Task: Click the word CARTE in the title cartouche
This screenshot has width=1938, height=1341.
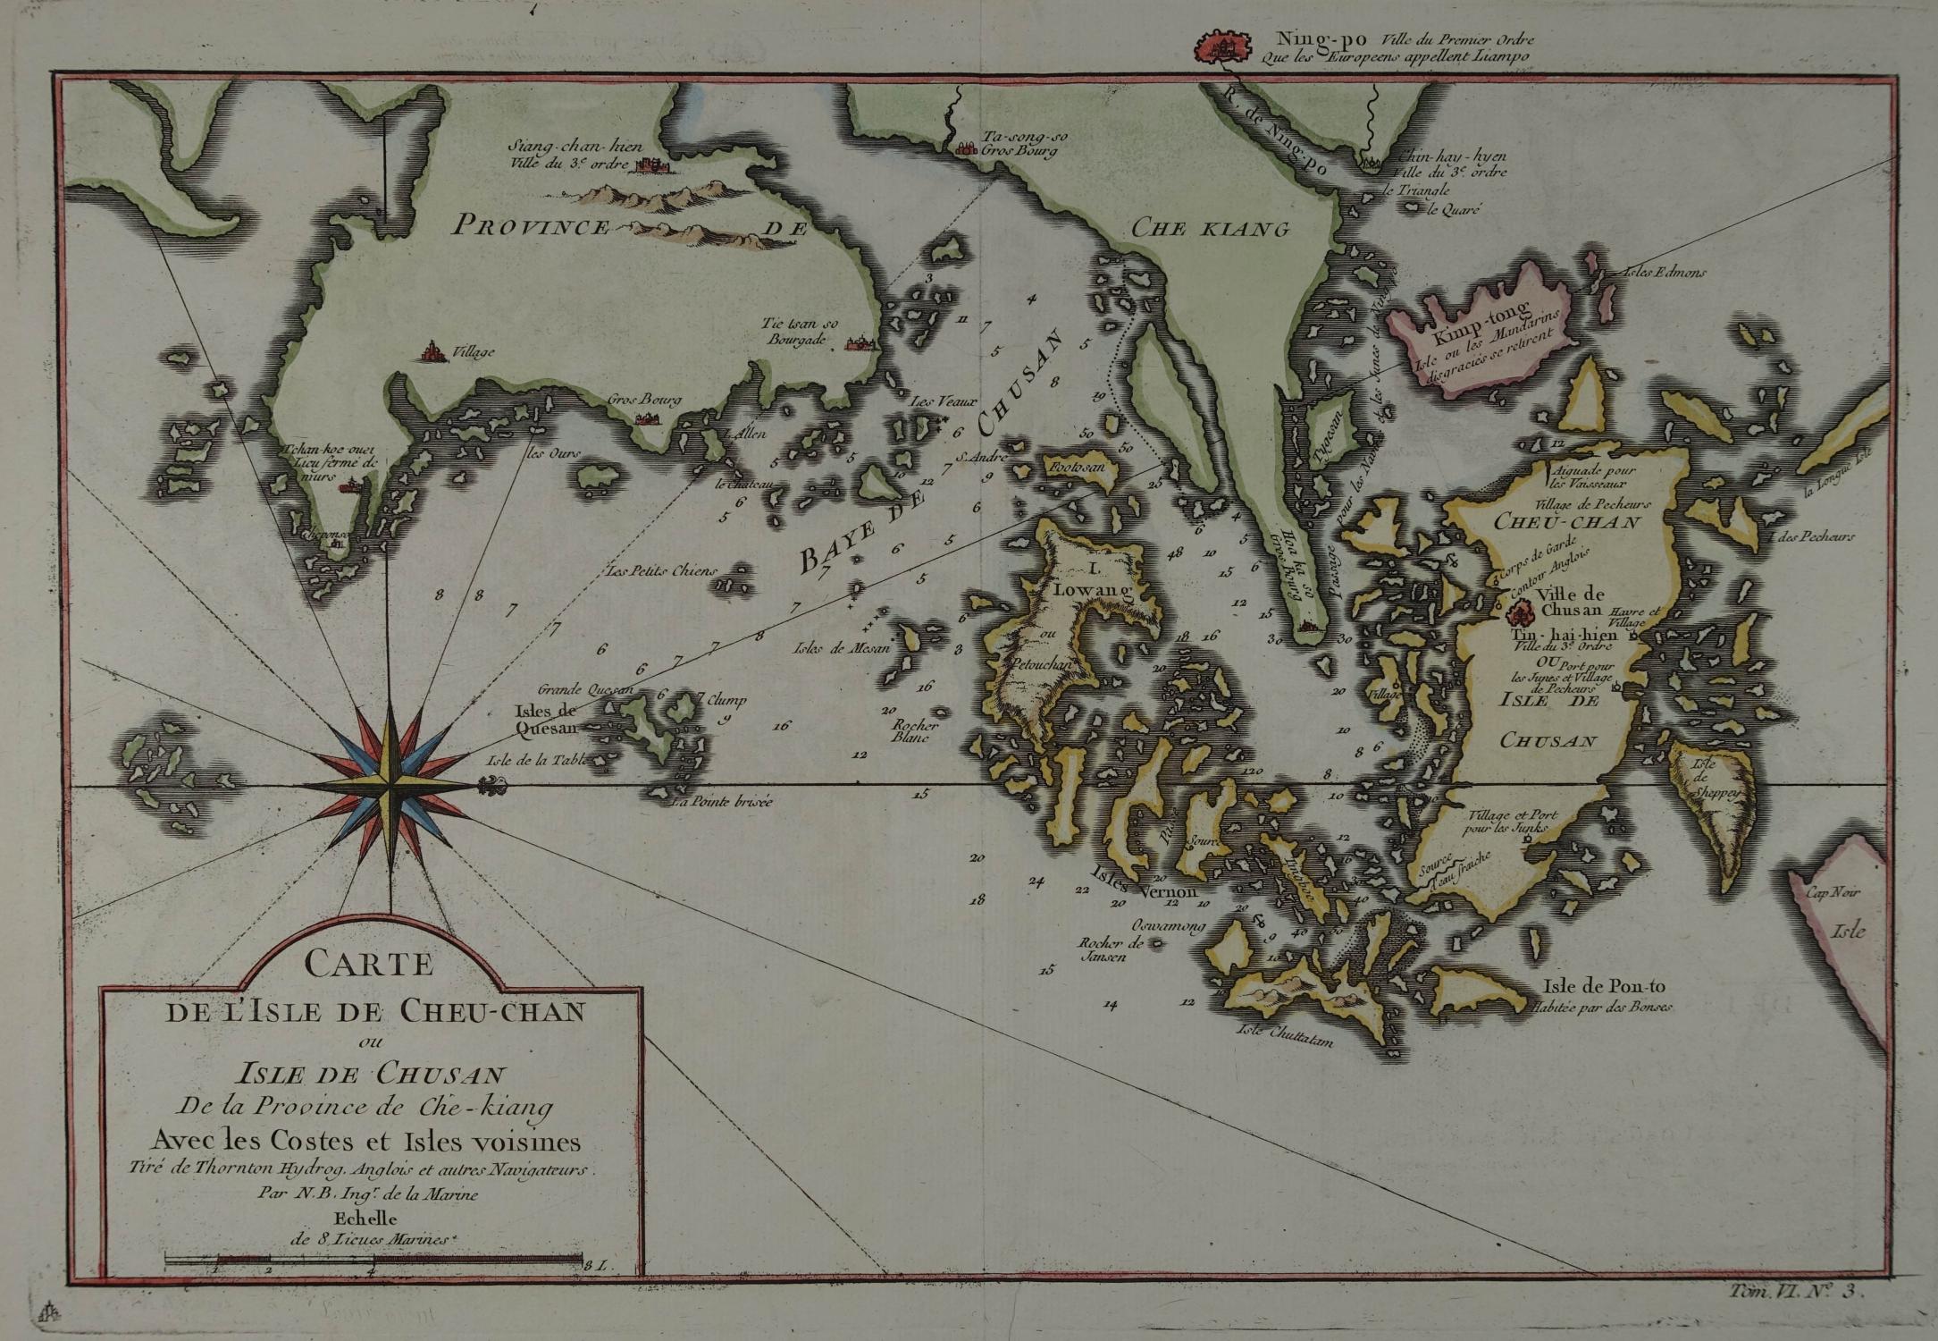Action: (x=369, y=965)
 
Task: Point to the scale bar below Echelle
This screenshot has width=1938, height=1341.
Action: (x=373, y=1261)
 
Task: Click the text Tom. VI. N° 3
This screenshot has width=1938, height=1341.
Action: (x=1791, y=1315)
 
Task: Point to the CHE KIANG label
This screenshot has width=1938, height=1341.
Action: (x=1211, y=229)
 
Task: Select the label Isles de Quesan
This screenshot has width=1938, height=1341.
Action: (x=546, y=720)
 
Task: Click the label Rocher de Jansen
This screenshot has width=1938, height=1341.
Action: (x=1105, y=949)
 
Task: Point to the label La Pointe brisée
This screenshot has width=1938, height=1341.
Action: (x=722, y=802)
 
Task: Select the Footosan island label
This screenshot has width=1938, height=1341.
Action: (x=1078, y=467)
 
